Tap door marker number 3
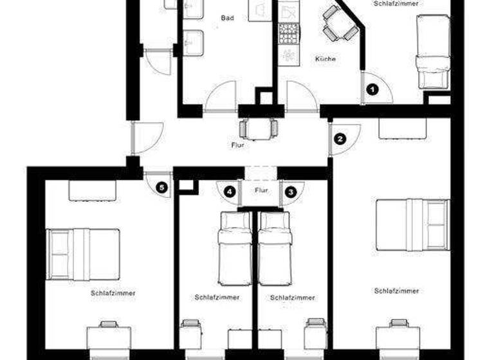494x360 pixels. click(x=290, y=191)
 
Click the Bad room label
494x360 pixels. click(x=227, y=18)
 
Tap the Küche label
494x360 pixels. click(x=325, y=59)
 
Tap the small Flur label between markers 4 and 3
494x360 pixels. click(x=261, y=190)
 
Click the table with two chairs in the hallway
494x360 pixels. click(x=259, y=128)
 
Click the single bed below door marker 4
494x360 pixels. click(x=235, y=248)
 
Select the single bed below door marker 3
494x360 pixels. click(x=275, y=248)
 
